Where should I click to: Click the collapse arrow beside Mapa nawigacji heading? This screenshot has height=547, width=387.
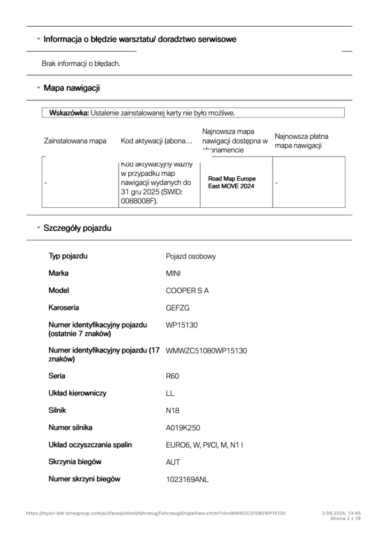[x=38, y=87]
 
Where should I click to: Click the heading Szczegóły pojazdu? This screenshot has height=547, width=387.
[x=78, y=228]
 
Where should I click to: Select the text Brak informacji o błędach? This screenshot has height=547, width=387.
[x=81, y=64]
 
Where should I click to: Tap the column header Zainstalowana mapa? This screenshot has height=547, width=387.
[x=75, y=141]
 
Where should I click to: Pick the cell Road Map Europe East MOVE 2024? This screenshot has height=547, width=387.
[x=231, y=182]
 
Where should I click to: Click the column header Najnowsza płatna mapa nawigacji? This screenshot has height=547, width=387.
[x=301, y=141]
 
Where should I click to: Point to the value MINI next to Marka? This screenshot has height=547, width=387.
[x=173, y=273]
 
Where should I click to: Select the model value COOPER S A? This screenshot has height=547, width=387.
[x=187, y=291]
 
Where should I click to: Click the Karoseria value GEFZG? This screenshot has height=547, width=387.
[x=177, y=308]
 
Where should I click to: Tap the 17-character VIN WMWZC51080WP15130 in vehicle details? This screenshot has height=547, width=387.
[x=206, y=351]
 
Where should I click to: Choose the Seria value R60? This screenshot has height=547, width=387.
[x=173, y=376]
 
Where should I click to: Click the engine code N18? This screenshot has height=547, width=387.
[x=173, y=410]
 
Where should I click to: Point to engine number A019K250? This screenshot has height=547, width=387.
[x=183, y=427]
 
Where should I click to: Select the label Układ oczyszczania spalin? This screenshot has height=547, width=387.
[x=90, y=444]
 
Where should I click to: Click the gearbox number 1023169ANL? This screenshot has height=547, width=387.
[x=187, y=479]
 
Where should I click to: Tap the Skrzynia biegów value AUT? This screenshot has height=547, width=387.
[x=173, y=462]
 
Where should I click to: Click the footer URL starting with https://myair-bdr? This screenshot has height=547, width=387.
[x=156, y=513]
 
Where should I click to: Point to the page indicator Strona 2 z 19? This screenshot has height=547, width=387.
[x=346, y=518]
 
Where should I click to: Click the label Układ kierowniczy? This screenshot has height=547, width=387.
[x=78, y=393]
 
